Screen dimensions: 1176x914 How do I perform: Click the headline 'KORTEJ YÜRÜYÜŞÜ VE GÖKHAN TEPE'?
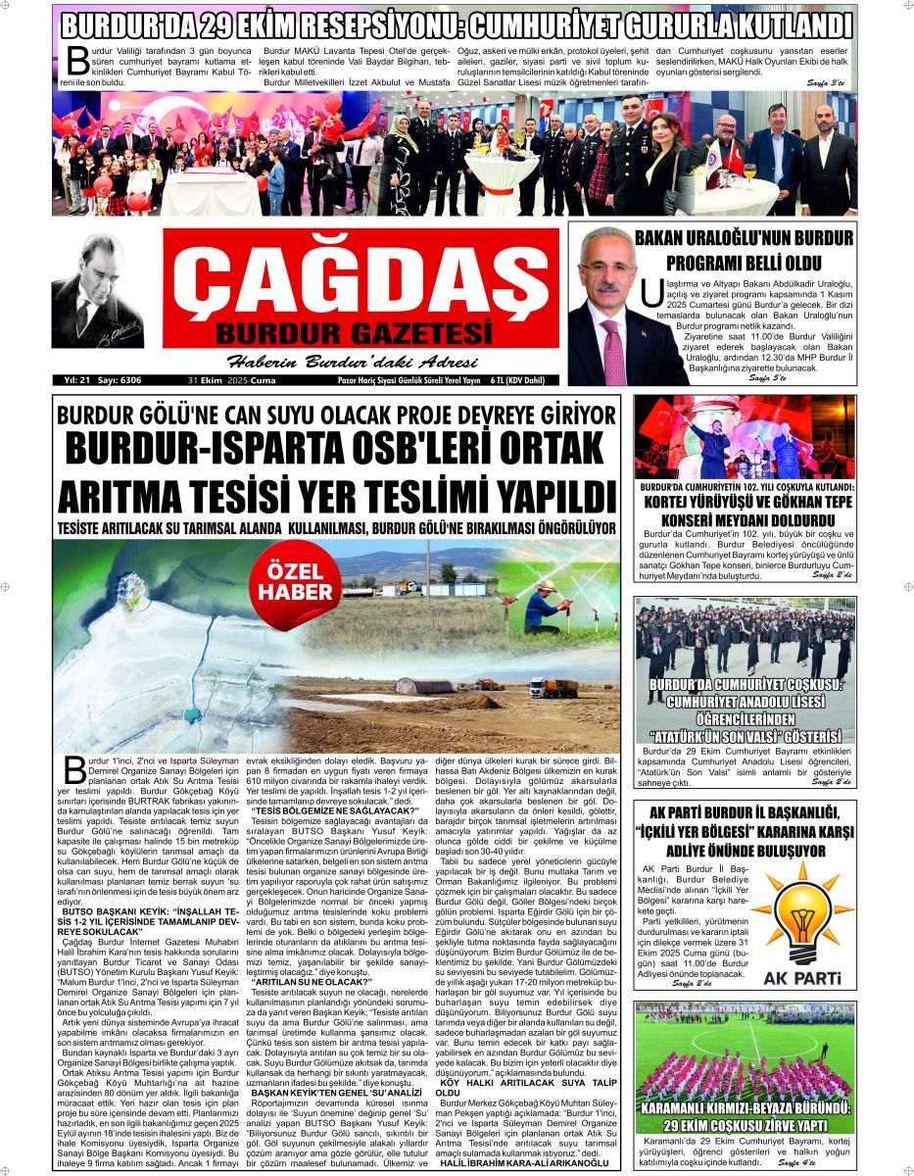(746, 502)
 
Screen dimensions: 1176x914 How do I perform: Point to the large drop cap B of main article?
(74, 770)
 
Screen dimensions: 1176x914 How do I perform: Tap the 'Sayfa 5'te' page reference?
(768, 377)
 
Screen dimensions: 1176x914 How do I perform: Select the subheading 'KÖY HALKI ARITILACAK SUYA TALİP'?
(534, 1082)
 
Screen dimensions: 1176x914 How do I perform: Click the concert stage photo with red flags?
(745, 436)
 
